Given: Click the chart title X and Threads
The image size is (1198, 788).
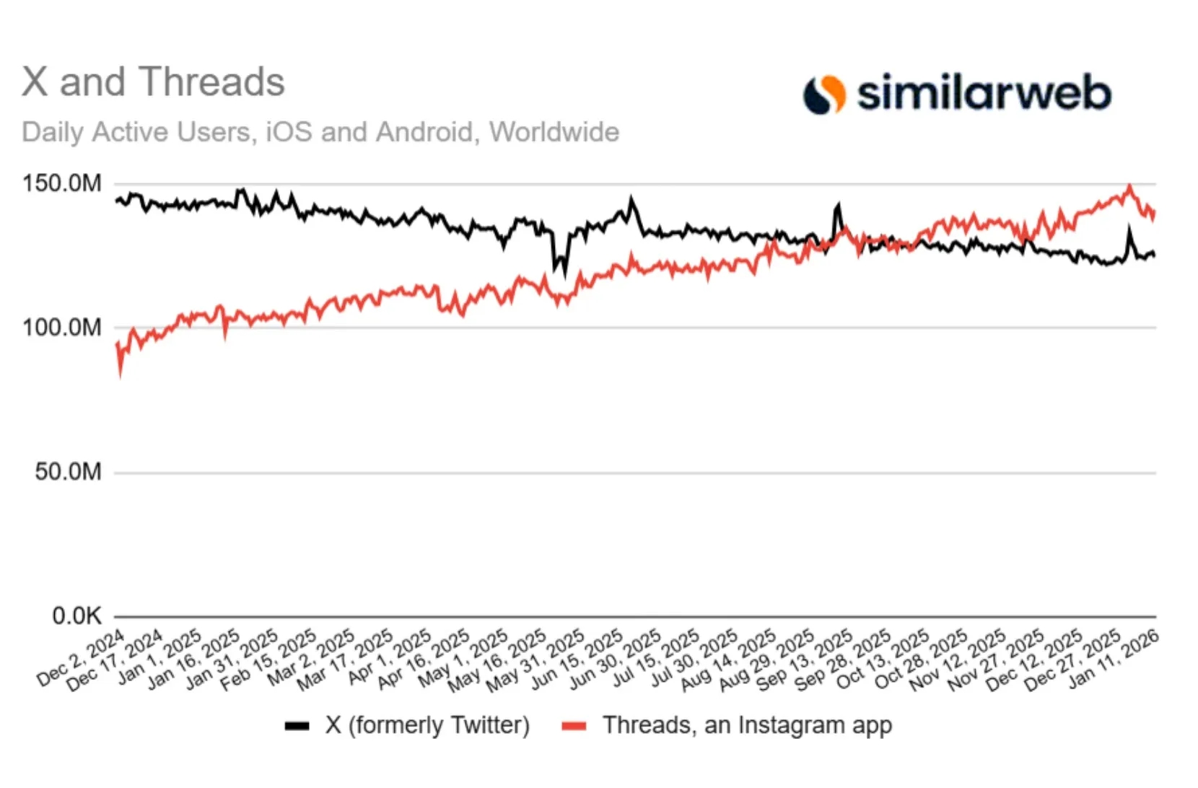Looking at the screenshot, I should click(x=153, y=82).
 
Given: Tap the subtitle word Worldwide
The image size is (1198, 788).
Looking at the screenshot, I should click(x=554, y=132).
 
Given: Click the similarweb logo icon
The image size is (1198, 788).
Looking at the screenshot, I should click(x=824, y=95).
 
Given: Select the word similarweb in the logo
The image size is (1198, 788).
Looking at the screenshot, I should click(x=984, y=95).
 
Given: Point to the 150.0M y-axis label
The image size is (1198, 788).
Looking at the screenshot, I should click(x=62, y=183).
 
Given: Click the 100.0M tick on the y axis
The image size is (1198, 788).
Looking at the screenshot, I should click(x=62, y=328).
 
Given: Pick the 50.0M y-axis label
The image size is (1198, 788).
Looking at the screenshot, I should click(x=68, y=472).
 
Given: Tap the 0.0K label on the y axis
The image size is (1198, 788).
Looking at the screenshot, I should click(x=76, y=616).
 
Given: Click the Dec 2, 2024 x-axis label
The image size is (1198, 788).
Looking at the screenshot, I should click(x=81, y=658).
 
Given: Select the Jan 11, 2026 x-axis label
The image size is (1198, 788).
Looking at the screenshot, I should click(x=1114, y=658).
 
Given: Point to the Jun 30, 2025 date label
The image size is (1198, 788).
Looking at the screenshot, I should click(x=616, y=658).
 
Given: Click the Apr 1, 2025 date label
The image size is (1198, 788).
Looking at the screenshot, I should click(x=390, y=658).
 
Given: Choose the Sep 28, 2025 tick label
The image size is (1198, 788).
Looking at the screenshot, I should click(x=844, y=658).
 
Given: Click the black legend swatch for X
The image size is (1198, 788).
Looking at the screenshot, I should click(x=297, y=726).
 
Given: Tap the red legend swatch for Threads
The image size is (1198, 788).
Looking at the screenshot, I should click(x=574, y=726).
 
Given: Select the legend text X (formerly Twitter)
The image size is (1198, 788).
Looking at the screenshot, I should click(x=427, y=724).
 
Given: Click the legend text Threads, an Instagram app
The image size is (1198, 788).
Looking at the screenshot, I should click(x=747, y=724).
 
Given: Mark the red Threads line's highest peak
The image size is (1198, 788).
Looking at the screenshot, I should click(x=1129, y=186).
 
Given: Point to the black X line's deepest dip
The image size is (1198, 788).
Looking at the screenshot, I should click(x=564, y=274).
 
